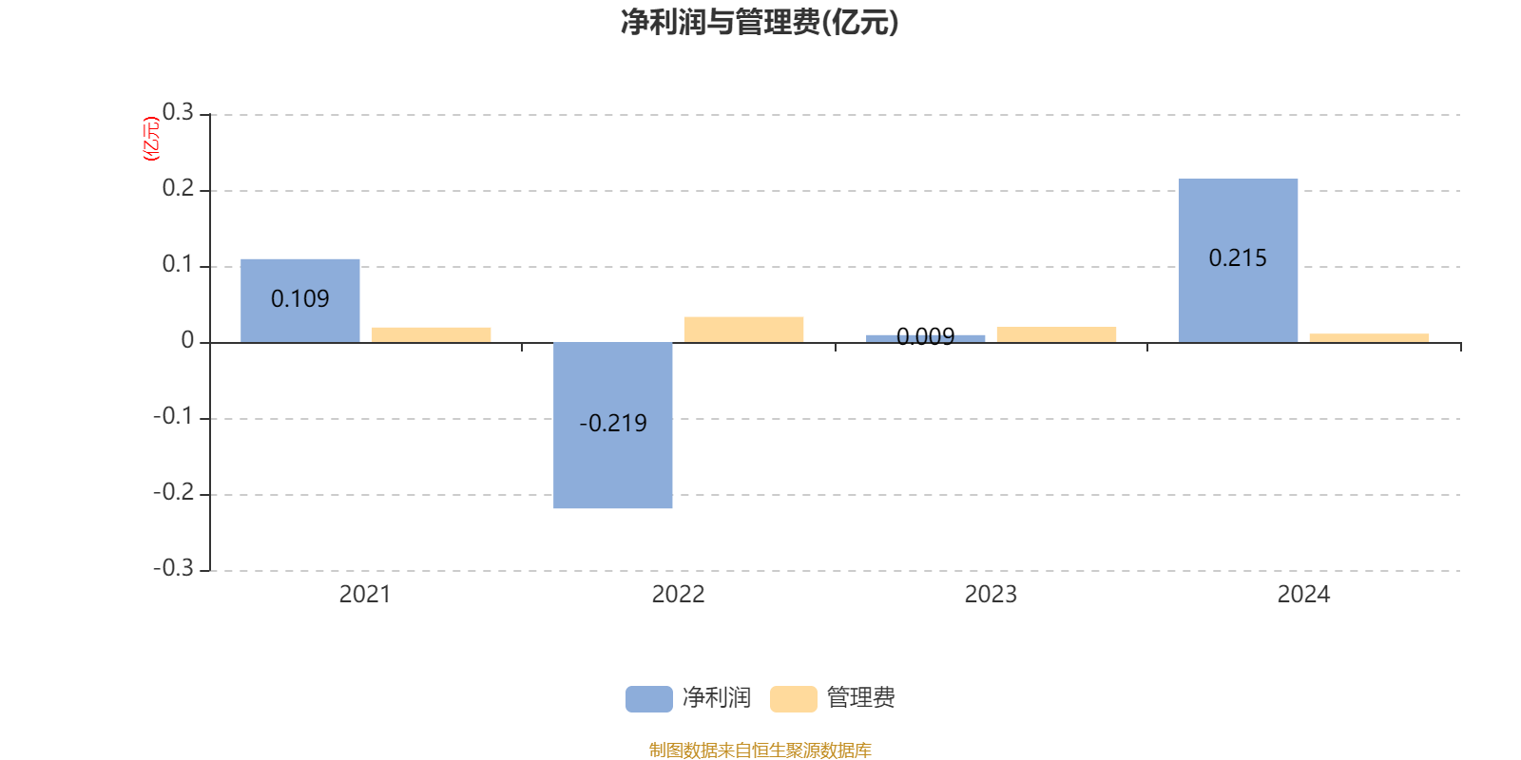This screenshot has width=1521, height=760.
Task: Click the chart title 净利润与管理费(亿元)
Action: pyautogui.click(x=760, y=23)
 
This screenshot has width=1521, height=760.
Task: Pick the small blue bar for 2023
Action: pyautogui.click(x=926, y=337)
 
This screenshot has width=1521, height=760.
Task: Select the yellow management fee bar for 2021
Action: pyautogui.click(x=432, y=334)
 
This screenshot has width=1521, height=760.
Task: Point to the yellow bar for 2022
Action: pyautogui.click(x=743, y=329)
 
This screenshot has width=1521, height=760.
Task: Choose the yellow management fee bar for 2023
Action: pyautogui.click(x=1056, y=334)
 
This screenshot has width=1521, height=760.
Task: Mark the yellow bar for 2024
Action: pyautogui.click(x=1369, y=337)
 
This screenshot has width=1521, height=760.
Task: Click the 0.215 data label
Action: pyautogui.click(x=1238, y=257)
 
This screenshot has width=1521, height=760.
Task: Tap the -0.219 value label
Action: pyautogui.click(x=613, y=423)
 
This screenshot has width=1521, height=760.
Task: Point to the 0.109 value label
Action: pyautogui.click(x=300, y=298)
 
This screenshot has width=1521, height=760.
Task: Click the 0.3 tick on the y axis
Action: pyautogui.click(x=178, y=113)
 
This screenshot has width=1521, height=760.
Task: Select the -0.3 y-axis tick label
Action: pyautogui.click(x=173, y=568)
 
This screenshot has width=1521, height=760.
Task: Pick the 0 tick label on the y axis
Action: pyautogui.click(x=187, y=341)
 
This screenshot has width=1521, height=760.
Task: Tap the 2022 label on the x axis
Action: pyautogui.click(x=678, y=595)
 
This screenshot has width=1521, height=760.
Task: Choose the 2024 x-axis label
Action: pyautogui.click(x=1303, y=595)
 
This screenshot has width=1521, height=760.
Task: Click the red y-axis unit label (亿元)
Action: pyautogui.click(x=151, y=139)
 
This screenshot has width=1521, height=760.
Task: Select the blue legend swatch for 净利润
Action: pyautogui.click(x=648, y=698)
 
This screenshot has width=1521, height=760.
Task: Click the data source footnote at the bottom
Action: pyautogui.click(x=760, y=750)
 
